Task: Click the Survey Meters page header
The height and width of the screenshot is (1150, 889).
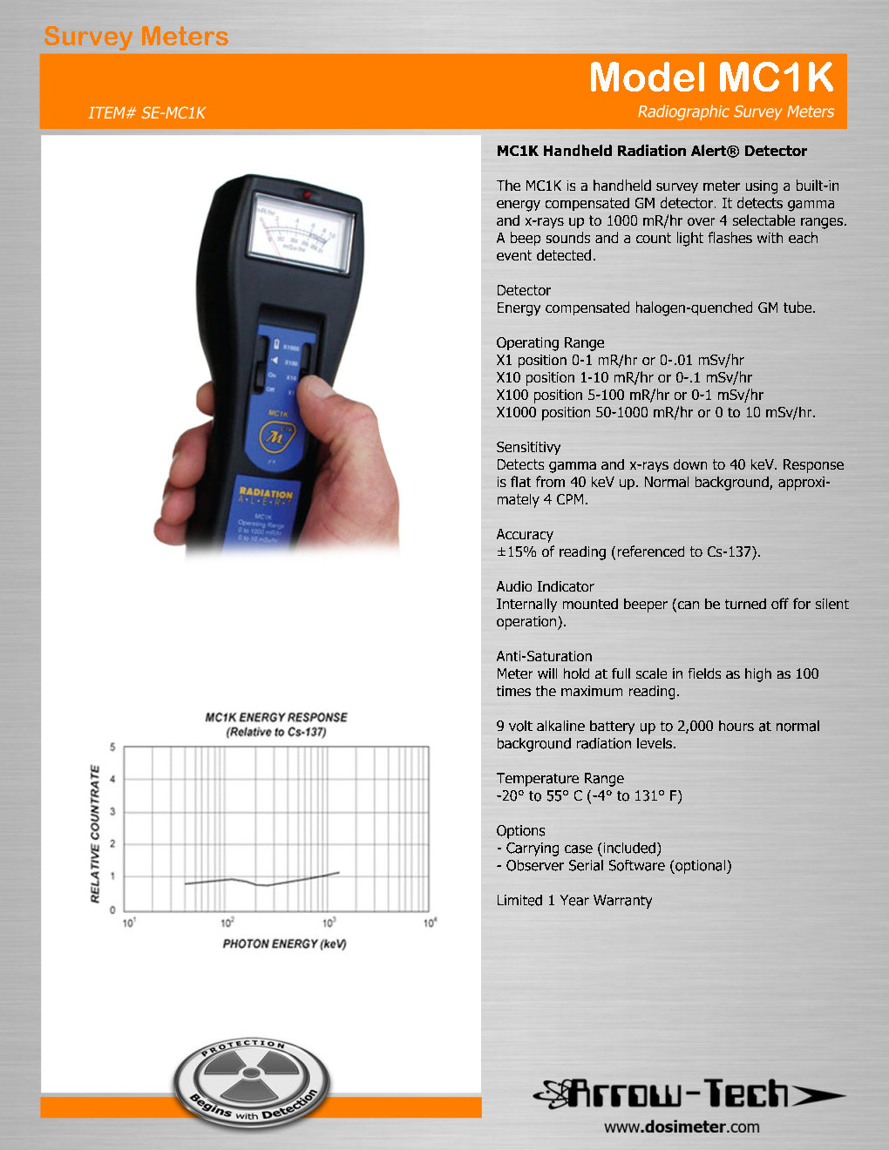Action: (136, 37)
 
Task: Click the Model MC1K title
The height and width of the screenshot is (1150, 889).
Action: (711, 78)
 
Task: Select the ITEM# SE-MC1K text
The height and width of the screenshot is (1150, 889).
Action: (146, 112)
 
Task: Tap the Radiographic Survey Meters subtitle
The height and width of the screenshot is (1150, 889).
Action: (736, 112)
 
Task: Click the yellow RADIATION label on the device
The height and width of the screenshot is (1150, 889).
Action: (266, 493)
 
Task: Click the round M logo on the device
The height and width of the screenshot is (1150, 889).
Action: (276, 436)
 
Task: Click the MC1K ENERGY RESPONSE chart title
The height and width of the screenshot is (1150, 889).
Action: (276, 717)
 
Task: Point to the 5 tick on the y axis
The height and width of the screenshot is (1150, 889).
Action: (112, 747)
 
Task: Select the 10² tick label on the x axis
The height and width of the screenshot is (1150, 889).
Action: (227, 923)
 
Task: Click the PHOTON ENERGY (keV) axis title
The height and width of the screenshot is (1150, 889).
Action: (284, 944)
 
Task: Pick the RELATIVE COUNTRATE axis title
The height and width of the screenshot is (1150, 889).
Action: (95, 834)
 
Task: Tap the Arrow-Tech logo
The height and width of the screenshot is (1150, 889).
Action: (688, 1094)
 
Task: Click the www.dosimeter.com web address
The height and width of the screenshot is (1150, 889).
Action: (682, 1126)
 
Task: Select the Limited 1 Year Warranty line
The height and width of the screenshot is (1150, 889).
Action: (573, 900)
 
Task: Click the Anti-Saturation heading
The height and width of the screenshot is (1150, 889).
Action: (544, 656)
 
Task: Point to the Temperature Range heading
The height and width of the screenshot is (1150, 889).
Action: (560, 778)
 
